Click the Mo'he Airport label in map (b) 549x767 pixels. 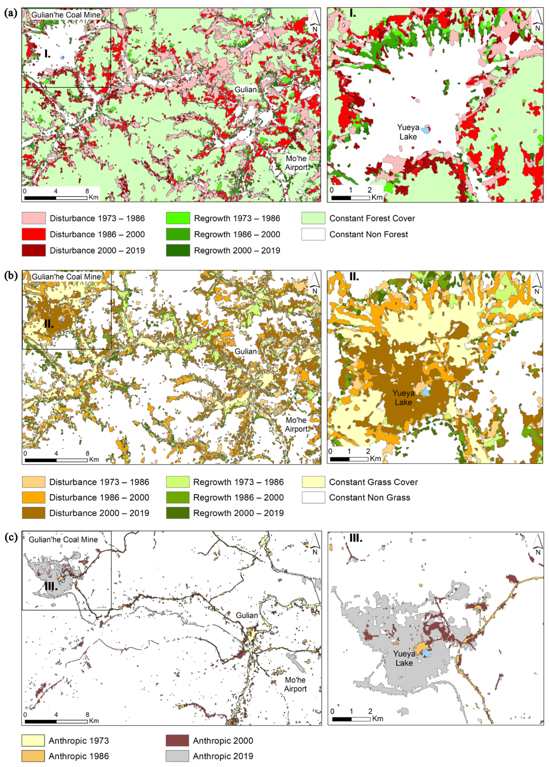click(x=296, y=425)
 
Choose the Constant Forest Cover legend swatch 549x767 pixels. click(x=313, y=218)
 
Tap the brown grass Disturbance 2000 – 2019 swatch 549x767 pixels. click(x=33, y=513)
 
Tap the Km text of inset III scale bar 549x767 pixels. click(x=378, y=718)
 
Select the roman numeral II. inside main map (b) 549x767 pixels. click(x=49, y=324)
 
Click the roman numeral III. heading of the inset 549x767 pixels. click(x=356, y=538)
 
